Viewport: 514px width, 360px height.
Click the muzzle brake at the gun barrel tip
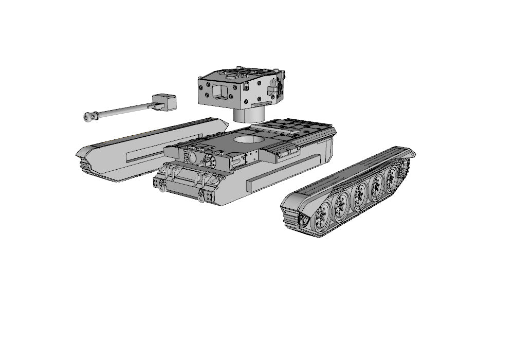[88, 117]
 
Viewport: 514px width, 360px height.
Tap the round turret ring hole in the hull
[248, 140]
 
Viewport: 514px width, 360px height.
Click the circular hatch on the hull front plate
[191, 157]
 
